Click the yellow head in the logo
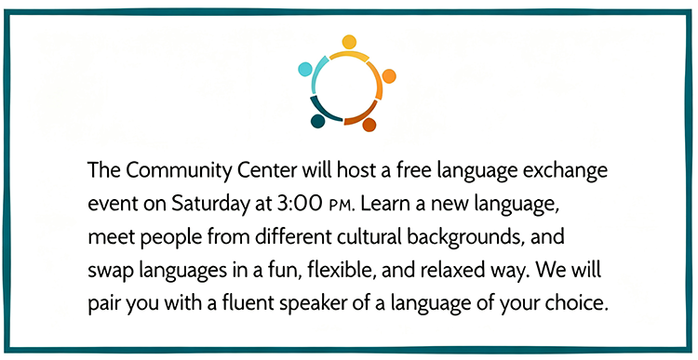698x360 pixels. [349, 42]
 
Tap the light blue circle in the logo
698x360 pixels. [305, 70]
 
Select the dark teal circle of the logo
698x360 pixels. [317, 121]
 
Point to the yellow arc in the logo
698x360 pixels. [349, 55]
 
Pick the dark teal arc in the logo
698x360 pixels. [324, 110]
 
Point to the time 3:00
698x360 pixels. [299, 204]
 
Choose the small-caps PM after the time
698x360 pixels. [342, 206]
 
